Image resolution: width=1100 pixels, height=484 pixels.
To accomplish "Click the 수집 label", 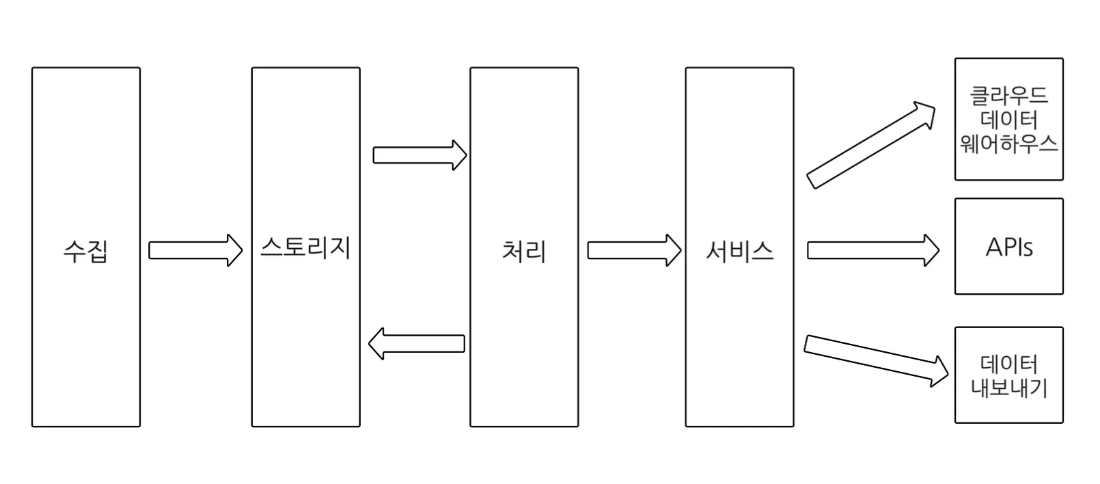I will [85, 251].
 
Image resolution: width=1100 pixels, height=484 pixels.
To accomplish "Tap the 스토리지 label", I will [305, 246].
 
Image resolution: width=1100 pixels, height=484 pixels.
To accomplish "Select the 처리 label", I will [524, 251].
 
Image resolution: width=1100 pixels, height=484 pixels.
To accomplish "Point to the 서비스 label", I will [739, 251].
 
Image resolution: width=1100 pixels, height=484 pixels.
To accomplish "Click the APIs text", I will [1008, 247].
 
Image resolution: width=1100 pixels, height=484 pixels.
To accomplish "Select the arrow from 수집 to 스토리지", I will [195, 250].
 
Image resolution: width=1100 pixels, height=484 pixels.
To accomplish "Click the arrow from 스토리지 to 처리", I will [419, 155].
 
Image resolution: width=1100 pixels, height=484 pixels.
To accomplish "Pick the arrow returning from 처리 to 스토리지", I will [417, 343].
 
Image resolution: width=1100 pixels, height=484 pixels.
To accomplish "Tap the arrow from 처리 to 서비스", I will [633, 250].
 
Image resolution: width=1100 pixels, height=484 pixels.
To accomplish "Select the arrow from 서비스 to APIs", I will [872, 250].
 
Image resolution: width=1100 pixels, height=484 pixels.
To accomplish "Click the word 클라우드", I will [1008, 95].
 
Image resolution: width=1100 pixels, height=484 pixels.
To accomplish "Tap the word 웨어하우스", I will [1008, 144].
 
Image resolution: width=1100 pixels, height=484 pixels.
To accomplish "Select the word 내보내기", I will [1008, 388].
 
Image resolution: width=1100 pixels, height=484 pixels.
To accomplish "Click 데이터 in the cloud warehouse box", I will [1008, 120].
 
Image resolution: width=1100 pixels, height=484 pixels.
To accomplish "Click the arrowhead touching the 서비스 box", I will [673, 250].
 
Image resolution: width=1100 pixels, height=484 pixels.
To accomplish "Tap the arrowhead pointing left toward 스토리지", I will [377, 343].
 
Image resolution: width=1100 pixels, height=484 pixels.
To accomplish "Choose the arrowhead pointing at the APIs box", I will [931, 250].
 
